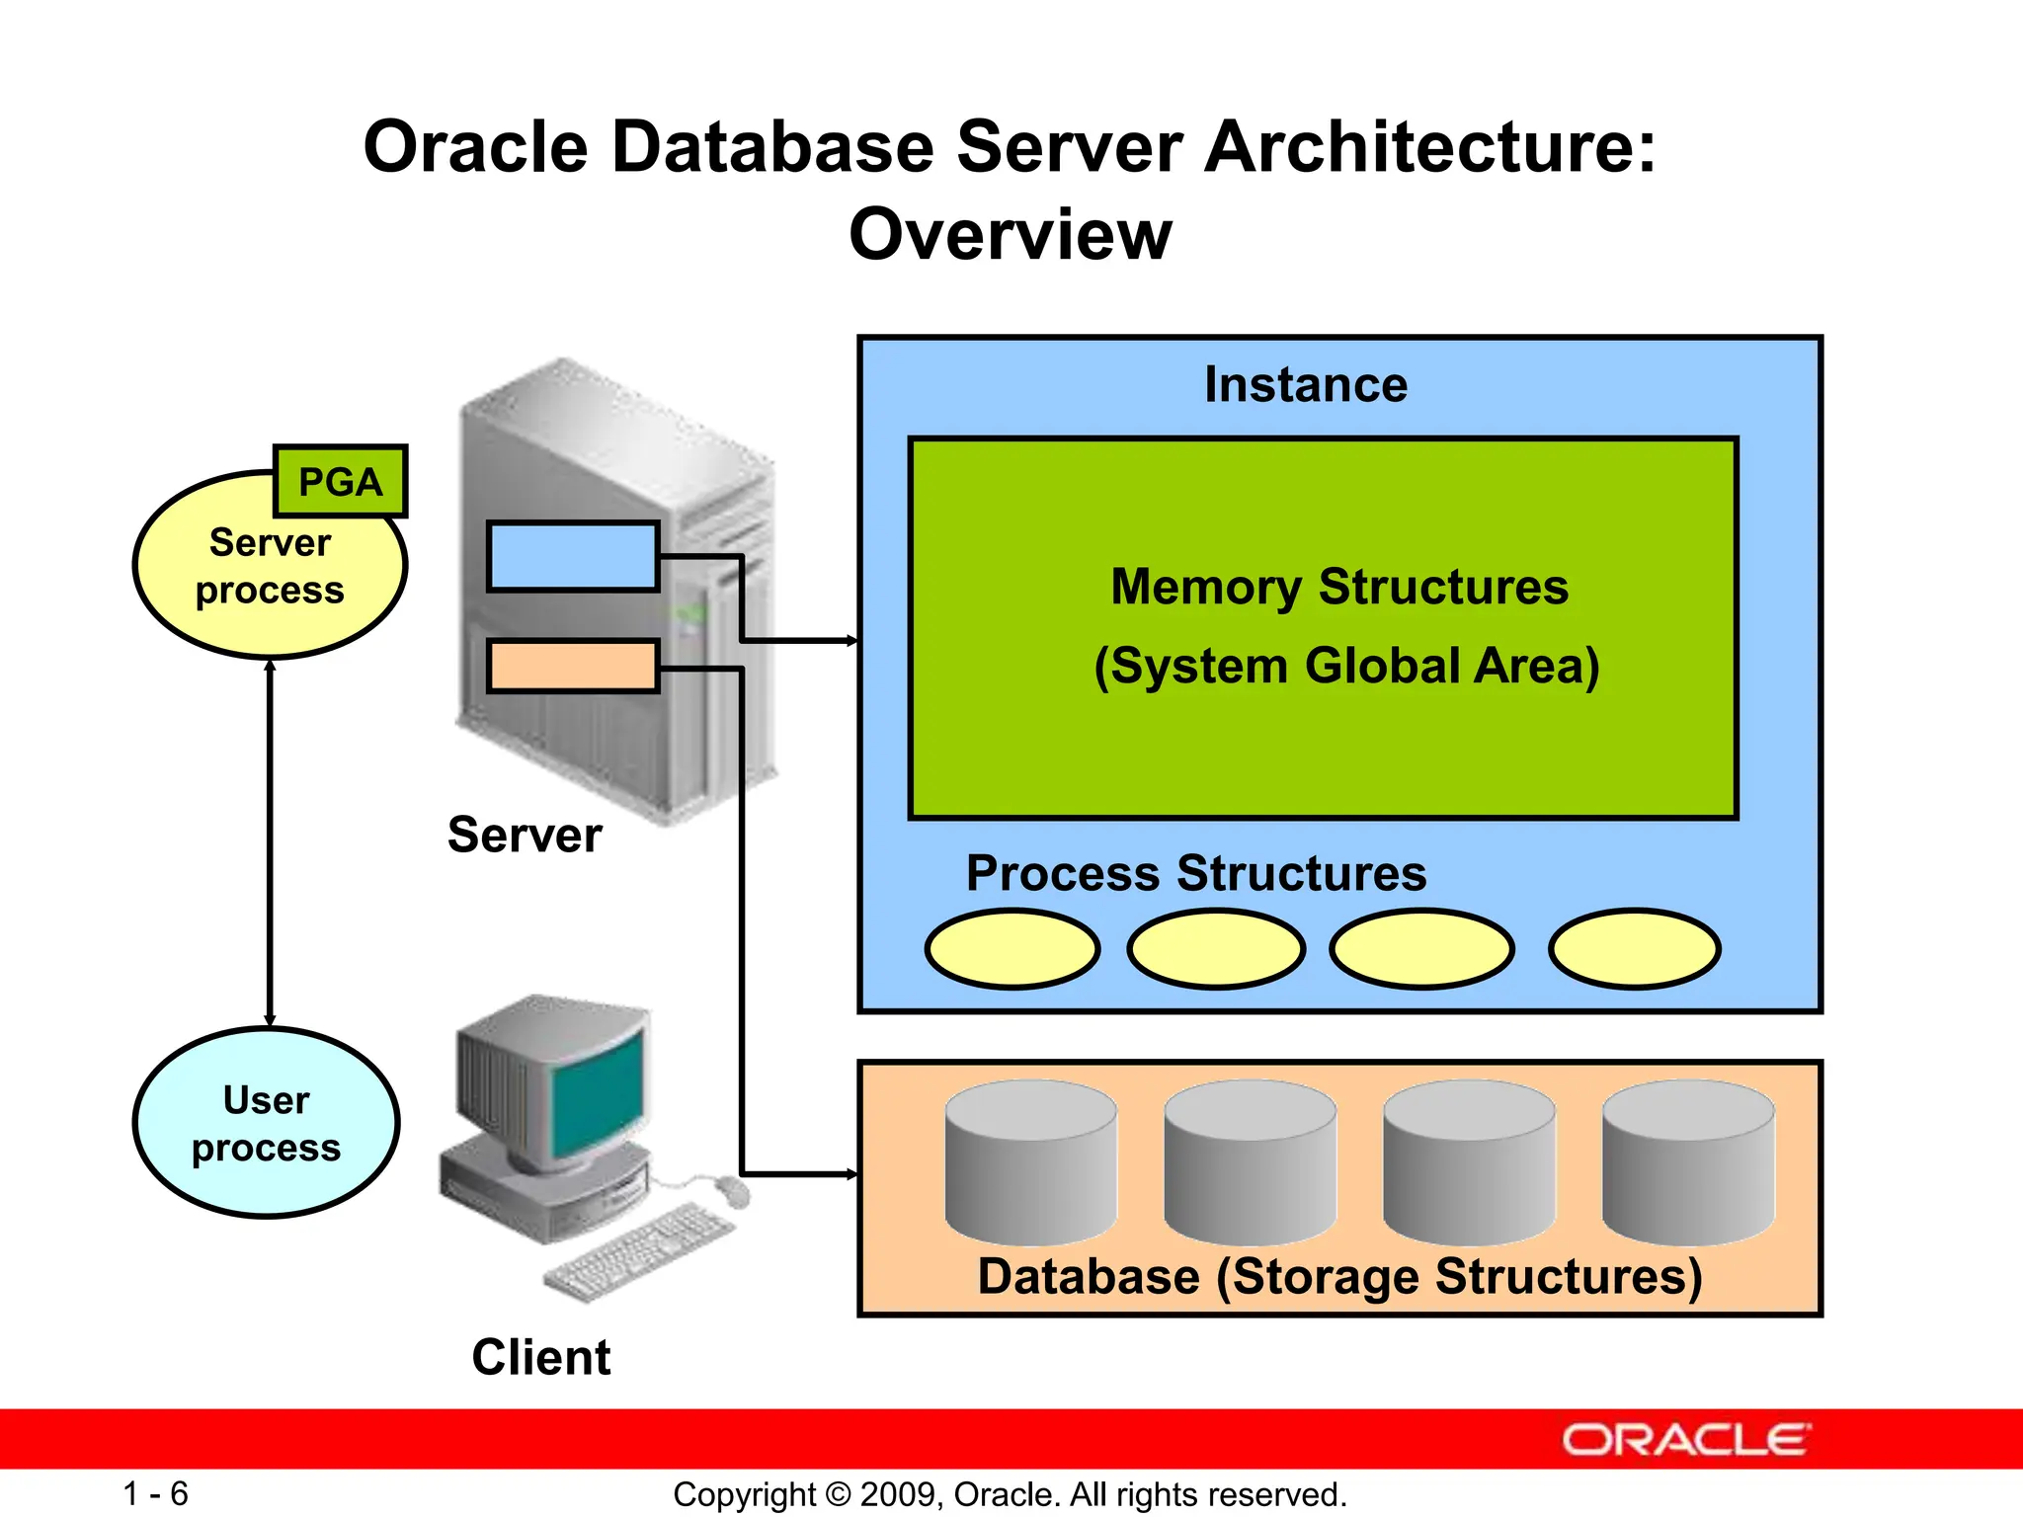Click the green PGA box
[340, 482]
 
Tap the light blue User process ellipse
[266, 1123]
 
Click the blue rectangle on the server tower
[573, 557]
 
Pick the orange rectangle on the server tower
[573, 666]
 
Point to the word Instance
[1305, 384]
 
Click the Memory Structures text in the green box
[1338, 587]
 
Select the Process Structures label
[1195, 873]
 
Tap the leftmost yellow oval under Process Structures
[1012, 949]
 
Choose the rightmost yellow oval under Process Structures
[1635, 949]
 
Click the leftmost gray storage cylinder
[1030, 1162]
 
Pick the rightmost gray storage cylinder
[1688, 1162]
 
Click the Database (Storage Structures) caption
[1339, 1276]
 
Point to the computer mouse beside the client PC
[732, 1191]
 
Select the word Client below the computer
[540, 1357]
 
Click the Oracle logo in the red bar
[1685, 1440]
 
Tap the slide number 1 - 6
[155, 1493]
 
